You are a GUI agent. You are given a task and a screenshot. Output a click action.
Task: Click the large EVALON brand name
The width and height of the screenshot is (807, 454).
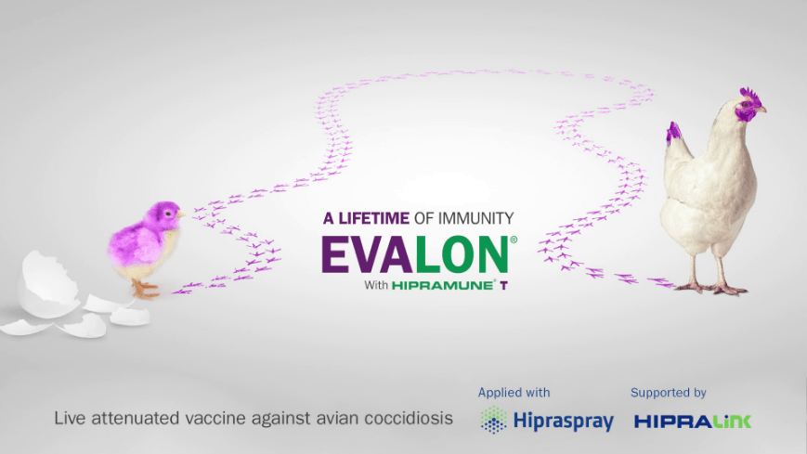pyautogui.click(x=415, y=254)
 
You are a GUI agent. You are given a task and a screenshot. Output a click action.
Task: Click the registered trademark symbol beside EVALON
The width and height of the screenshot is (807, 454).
pyautogui.click(x=514, y=240)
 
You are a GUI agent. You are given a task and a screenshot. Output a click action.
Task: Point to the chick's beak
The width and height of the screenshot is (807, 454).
pyautogui.click(x=180, y=215)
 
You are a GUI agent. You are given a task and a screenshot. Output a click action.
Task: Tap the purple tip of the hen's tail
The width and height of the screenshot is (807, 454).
pyautogui.click(x=673, y=133)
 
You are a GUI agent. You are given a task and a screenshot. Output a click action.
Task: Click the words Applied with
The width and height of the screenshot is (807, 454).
pyautogui.click(x=514, y=393)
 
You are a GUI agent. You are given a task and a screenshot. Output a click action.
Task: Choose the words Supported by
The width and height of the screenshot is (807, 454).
pyautogui.click(x=668, y=393)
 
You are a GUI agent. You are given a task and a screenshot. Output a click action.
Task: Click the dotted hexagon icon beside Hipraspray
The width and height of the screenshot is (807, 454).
pyautogui.click(x=493, y=421)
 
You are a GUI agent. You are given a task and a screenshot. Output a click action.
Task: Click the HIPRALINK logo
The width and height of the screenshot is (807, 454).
pyautogui.click(x=693, y=421)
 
